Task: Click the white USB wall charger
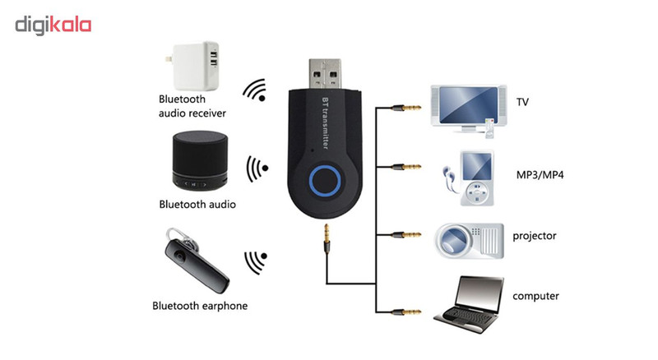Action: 196,67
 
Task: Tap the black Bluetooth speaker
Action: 194,160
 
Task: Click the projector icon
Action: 469,238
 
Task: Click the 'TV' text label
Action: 522,103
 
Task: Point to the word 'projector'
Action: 535,236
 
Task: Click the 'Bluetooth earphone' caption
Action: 200,306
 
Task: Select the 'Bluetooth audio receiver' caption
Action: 192,105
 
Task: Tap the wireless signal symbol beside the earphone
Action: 256,262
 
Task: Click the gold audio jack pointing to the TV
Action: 404,107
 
